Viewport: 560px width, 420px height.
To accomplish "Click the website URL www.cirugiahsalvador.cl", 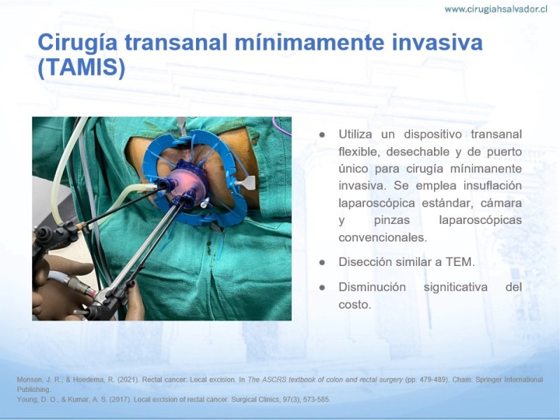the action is click(496, 9).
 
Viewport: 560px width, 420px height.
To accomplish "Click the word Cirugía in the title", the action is click(78, 43).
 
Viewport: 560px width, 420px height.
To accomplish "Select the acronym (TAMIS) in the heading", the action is click(81, 67).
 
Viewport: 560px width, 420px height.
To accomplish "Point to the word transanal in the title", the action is click(176, 43).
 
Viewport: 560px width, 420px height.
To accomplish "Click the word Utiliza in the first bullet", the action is click(356, 134).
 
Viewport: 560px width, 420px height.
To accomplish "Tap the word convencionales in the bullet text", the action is click(382, 237).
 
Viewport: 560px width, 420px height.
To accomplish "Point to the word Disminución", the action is click(372, 287).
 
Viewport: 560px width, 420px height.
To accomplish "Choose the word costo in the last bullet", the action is click(355, 304).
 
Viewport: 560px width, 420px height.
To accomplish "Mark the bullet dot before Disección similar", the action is click(322, 262).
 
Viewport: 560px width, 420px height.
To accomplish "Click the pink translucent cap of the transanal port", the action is click(186, 181).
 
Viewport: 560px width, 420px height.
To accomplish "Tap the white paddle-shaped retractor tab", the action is click(246, 183).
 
